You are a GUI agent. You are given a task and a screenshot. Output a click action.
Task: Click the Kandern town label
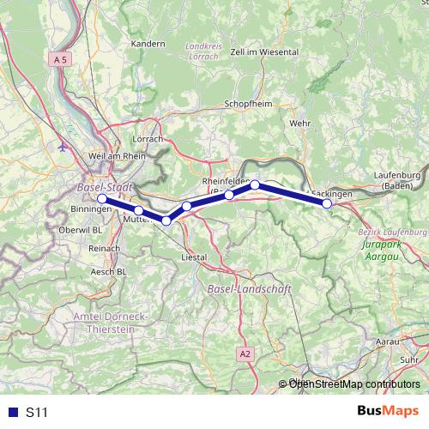click(148, 43)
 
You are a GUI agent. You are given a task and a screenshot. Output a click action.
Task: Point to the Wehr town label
click(300, 124)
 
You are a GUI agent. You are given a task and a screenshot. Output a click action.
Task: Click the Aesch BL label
click(109, 271)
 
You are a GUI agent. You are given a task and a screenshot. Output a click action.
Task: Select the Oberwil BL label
click(85, 230)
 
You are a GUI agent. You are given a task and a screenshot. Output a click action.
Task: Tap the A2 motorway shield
click(246, 353)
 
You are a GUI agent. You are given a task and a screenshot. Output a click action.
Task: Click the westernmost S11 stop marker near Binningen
click(102, 199)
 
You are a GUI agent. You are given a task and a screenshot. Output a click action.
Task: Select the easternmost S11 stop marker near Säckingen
click(327, 203)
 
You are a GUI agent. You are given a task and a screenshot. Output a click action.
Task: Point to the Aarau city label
click(388, 341)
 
